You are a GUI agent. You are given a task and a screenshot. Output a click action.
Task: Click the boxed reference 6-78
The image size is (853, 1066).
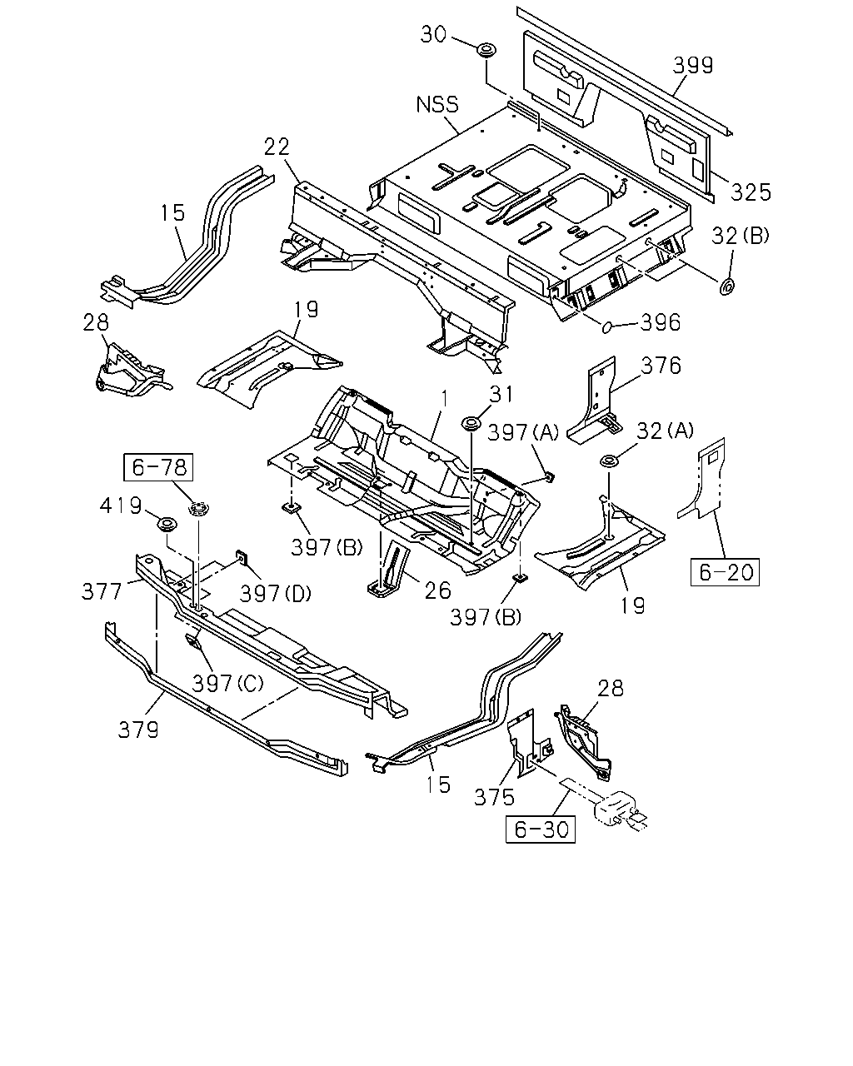(158, 467)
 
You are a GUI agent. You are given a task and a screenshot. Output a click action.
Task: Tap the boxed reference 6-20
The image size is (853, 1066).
(725, 572)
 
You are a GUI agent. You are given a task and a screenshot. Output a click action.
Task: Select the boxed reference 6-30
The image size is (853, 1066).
(541, 829)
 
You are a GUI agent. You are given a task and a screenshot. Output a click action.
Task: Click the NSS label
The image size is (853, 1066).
(437, 105)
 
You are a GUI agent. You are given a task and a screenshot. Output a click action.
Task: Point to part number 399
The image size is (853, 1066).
(692, 65)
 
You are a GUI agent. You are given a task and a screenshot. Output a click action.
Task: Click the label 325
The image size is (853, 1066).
(751, 192)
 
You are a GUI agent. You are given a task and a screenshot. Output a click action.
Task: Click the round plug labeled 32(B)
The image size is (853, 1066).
(727, 286)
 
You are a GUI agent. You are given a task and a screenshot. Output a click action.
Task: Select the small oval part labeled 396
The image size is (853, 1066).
(606, 326)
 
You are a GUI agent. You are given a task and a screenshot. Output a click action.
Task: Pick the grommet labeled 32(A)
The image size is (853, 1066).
(608, 461)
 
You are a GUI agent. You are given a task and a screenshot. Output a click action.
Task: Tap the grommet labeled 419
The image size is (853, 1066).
(167, 524)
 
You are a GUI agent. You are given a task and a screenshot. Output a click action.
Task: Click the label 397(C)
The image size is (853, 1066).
(228, 684)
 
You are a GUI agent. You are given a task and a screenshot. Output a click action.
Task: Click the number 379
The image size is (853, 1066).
(138, 730)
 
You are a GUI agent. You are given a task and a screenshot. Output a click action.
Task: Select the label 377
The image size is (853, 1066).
(102, 591)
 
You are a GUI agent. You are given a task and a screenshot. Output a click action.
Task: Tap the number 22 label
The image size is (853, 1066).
(277, 147)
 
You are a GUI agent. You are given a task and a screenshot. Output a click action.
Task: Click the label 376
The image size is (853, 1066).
(661, 366)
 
